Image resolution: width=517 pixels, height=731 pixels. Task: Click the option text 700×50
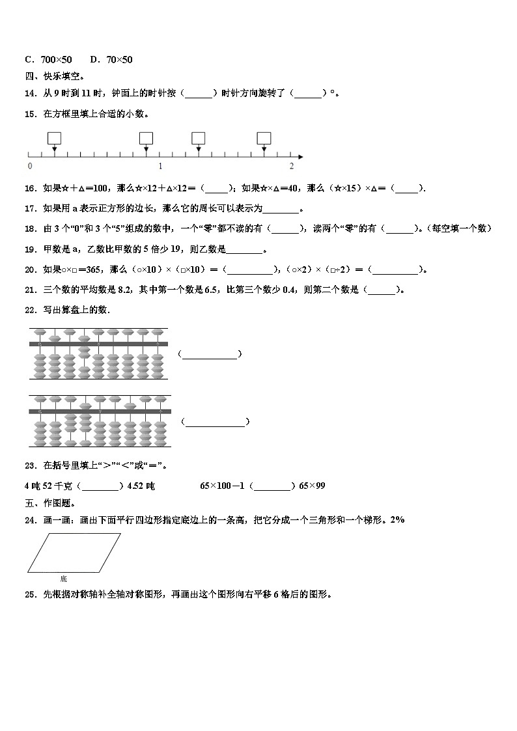coord(56,60)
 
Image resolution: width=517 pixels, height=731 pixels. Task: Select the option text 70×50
coord(119,60)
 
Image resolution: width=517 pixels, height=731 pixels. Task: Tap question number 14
coord(30,93)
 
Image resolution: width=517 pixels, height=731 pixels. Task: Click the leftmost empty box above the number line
coord(54,138)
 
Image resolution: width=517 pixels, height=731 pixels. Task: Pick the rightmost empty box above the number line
coord(264,138)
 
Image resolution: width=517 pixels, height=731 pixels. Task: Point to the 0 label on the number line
coord(30,166)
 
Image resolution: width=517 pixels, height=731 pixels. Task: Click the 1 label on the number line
coord(160,166)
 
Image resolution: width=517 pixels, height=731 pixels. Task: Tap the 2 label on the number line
coord(291,166)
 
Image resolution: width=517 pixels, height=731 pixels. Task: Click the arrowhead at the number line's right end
coord(300,156)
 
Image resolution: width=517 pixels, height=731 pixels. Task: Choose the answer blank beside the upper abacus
coord(210,354)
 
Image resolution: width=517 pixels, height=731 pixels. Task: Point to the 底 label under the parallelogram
coord(63,578)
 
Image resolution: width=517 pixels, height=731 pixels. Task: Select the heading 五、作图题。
coord(50,503)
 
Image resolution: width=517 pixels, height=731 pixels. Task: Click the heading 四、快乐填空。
coord(50,76)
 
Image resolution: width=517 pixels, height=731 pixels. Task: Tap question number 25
coord(30,594)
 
